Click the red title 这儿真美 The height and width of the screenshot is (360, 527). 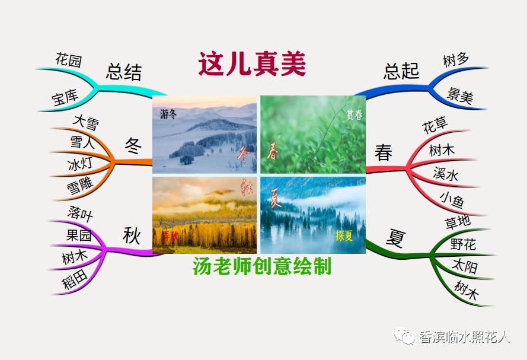tap(252, 64)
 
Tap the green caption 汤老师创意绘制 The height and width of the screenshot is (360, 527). tap(262, 267)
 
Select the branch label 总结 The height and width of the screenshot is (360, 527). tap(124, 72)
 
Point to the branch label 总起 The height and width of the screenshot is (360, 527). tap(401, 71)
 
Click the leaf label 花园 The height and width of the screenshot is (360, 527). tap(69, 60)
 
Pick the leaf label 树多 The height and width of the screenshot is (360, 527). tap(456, 60)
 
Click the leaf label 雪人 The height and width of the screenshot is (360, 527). tap(82, 143)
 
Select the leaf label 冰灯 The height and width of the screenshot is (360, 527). tap(80, 163)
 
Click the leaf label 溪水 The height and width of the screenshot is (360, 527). tap(446, 174)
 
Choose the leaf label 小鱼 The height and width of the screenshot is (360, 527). tap(452, 200)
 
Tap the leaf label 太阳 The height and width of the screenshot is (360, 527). tap(464, 266)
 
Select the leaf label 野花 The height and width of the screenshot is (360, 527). tap(463, 244)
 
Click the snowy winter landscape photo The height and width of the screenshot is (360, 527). tap(205, 135)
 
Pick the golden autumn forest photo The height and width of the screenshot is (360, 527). tap(205, 215)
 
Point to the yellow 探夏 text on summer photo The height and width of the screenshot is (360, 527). tap(344, 235)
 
